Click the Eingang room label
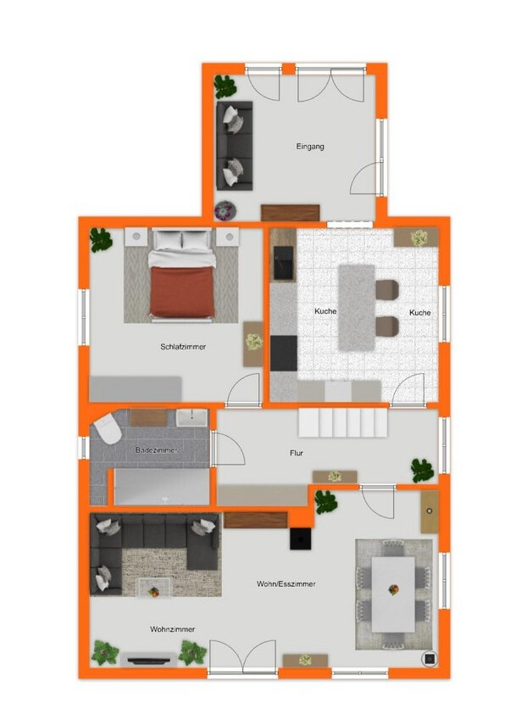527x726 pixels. click(310, 146)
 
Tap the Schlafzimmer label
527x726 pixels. click(183, 346)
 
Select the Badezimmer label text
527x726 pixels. click(157, 450)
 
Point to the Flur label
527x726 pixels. click(297, 453)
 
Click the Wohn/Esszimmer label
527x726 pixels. click(286, 584)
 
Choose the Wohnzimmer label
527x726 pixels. click(173, 628)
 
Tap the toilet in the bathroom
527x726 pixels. click(107, 430)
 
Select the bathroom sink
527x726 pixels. click(193, 416)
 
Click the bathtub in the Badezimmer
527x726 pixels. click(161, 487)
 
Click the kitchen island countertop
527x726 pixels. click(357, 307)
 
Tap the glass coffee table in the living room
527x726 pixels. click(154, 587)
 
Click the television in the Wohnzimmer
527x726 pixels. click(149, 657)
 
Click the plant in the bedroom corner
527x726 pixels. click(102, 239)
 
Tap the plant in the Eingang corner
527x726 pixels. click(225, 86)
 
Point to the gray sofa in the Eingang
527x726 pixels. click(235, 144)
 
